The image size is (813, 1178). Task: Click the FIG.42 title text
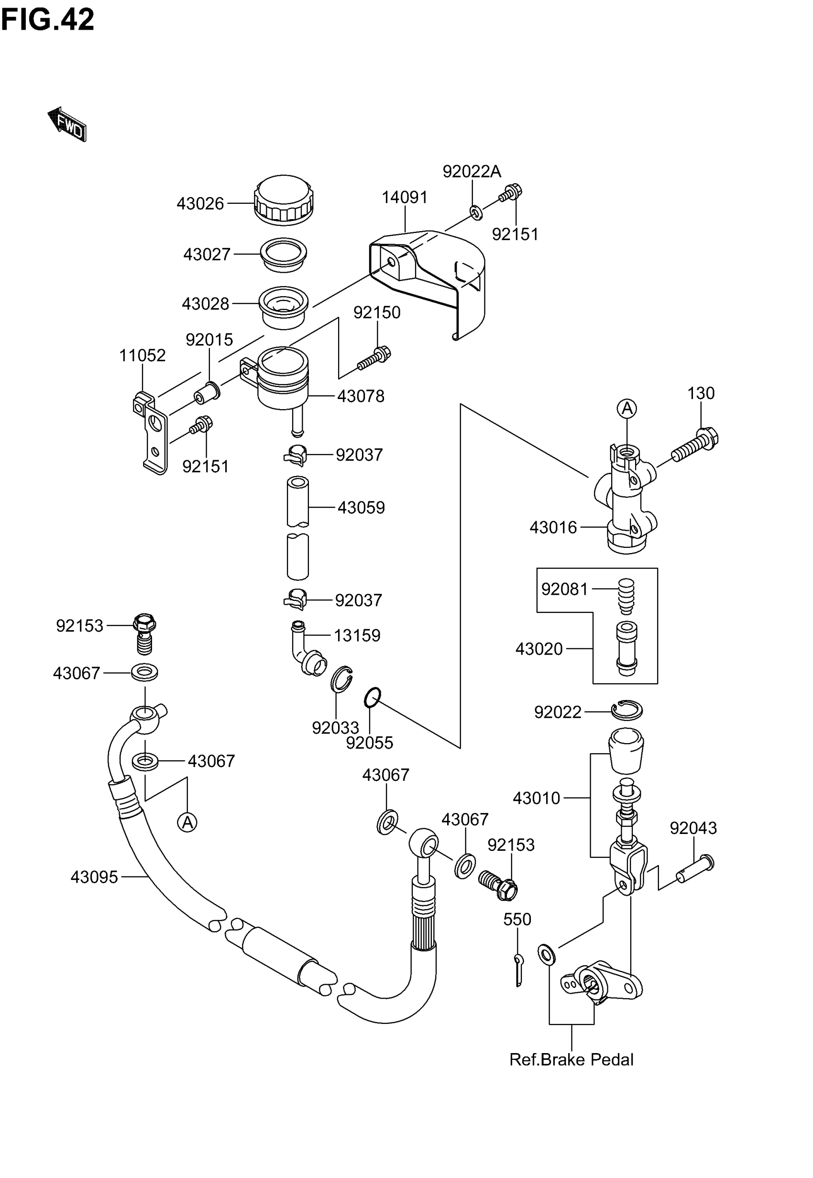[x=47, y=20]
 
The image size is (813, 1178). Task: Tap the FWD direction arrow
[x=67, y=124]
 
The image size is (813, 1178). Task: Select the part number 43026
[x=200, y=204]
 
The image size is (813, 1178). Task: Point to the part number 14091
[x=405, y=197]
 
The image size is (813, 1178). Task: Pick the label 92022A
[x=472, y=172]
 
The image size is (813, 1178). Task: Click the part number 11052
[x=142, y=355]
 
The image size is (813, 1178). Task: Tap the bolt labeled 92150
[x=374, y=359]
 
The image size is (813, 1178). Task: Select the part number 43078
[x=361, y=396]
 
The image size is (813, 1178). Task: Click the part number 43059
[x=361, y=508]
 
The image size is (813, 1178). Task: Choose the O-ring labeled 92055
[x=373, y=698]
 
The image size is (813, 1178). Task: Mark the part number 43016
[x=553, y=527]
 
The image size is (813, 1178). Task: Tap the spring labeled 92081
[x=626, y=596]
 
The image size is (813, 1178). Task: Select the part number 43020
[x=539, y=649]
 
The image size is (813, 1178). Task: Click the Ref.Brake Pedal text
[x=571, y=1060]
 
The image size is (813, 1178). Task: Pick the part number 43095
[x=94, y=877]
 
